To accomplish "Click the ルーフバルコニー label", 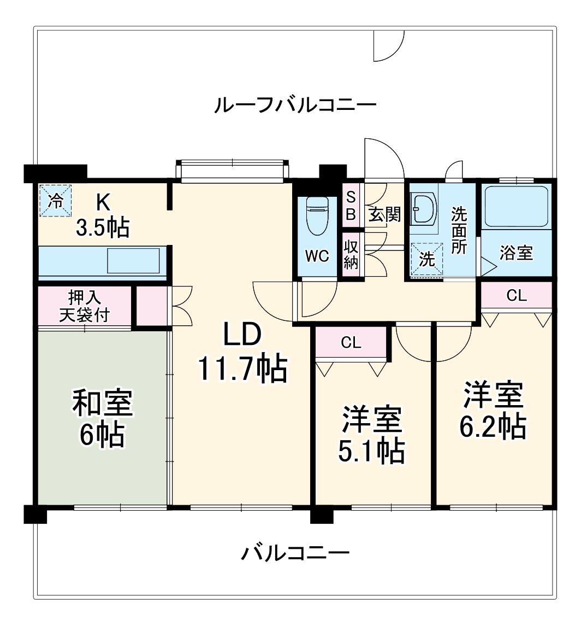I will (x=295, y=104).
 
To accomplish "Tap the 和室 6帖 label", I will (x=102, y=418).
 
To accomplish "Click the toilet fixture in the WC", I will (x=317, y=215).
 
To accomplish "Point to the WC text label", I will (x=317, y=256).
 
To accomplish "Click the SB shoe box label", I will (x=351, y=206).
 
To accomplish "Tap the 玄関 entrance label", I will (x=384, y=214).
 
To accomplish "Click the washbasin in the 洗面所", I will (x=423, y=209).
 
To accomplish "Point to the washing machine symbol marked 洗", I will (x=426, y=260).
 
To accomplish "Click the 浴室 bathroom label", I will (x=516, y=253).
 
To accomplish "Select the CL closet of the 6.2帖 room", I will (x=517, y=296).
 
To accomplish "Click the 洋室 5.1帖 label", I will (x=373, y=434).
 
